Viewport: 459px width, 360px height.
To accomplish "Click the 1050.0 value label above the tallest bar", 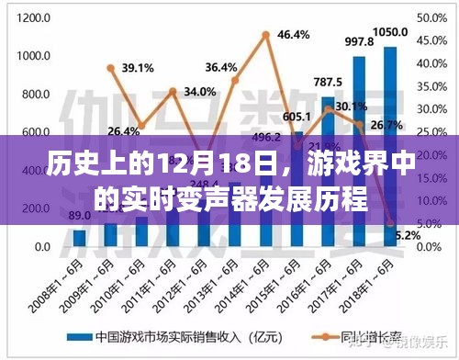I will (x=389, y=32).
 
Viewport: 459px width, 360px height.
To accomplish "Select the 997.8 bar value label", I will (x=358, y=42).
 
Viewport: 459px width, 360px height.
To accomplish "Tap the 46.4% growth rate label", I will (x=292, y=36).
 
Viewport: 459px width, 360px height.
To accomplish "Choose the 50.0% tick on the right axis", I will (x=431, y=17).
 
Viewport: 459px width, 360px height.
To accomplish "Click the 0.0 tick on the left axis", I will (x=42, y=248).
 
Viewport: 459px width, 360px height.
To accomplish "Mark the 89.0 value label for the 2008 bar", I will (x=80, y=215).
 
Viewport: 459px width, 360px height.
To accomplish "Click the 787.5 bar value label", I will (x=327, y=82).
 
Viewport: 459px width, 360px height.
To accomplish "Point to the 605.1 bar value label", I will (x=296, y=117).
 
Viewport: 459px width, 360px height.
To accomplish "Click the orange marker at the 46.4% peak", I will (x=266, y=35).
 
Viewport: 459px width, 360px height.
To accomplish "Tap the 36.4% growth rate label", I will (x=221, y=67).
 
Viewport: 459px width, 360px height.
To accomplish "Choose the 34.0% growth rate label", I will (x=199, y=92).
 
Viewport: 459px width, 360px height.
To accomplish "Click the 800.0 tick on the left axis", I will (x=38, y=95).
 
